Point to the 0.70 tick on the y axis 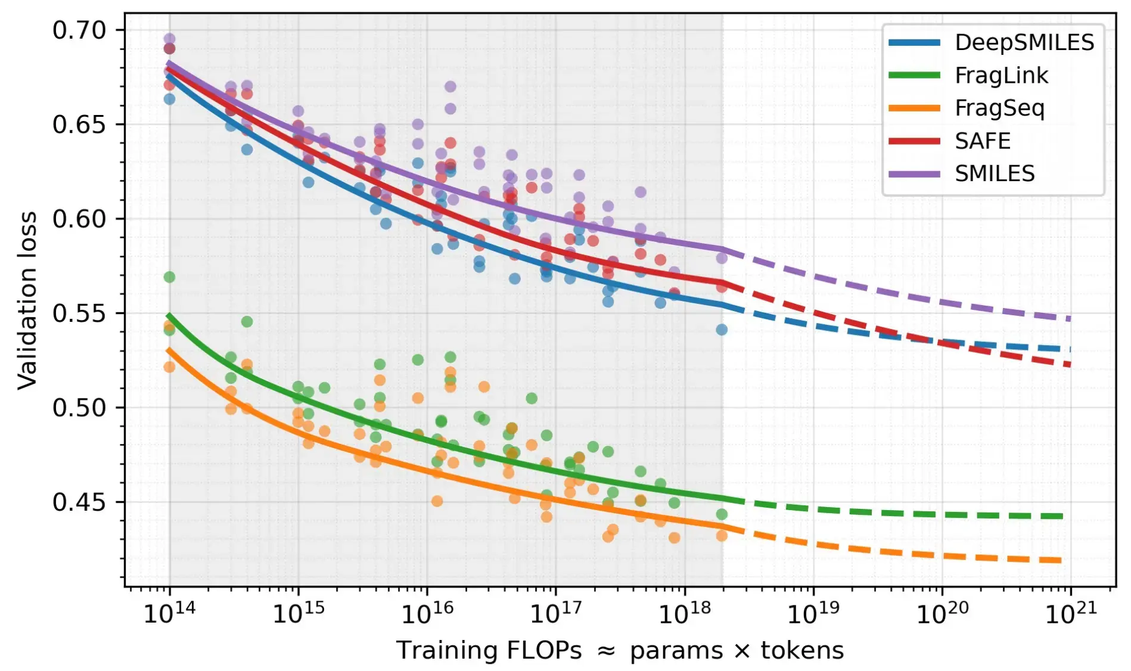tap(79, 30)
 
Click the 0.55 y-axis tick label tap(79, 313)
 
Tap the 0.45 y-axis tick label tap(79, 502)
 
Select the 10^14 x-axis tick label tap(169, 612)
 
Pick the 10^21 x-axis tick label tap(1070, 612)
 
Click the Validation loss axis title tap(27, 300)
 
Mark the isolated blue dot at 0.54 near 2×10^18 tap(722, 330)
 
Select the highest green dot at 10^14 tap(169, 277)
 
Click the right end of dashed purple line tap(1070, 319)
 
